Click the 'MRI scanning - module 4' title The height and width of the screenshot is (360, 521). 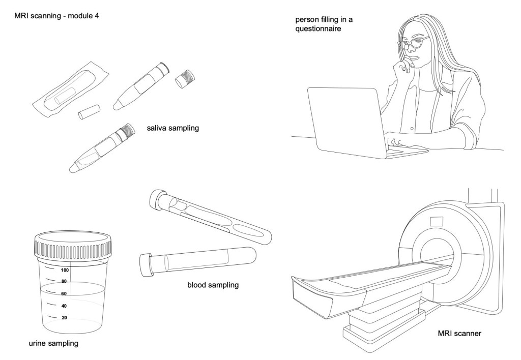57,16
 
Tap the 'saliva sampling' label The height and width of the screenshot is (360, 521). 172,128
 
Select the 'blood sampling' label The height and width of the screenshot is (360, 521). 213,285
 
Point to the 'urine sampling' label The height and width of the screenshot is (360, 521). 53,344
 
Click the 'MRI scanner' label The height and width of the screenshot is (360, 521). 459,334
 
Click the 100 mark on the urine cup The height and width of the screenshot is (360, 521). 65,271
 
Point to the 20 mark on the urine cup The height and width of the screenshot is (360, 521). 65,318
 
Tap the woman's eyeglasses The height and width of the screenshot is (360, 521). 413,43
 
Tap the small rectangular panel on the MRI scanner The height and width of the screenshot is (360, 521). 437,221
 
